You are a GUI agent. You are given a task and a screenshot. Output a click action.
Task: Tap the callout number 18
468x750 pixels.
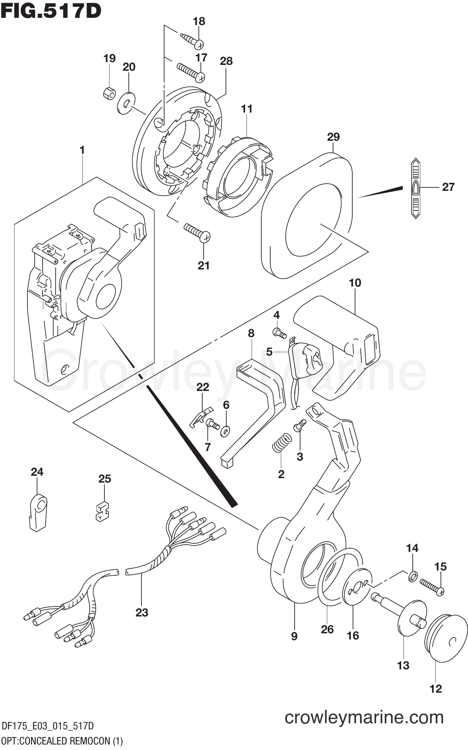(199, 21)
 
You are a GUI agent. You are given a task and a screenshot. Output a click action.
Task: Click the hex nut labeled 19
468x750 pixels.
(109, 93)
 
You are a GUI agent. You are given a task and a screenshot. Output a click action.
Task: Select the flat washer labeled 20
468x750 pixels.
(126, 103)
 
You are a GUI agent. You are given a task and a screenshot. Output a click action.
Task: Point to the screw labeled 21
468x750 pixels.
(197, 233)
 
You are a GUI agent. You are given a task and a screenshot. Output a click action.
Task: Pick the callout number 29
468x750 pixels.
(333, 137)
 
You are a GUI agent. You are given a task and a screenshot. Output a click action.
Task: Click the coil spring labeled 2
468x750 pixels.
(282, 442)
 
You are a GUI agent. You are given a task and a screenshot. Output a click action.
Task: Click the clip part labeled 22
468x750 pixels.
(201, 416)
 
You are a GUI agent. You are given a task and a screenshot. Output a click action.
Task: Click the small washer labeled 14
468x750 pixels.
(413, 577)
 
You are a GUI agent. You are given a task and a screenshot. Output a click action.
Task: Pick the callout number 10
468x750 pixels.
(355, 283)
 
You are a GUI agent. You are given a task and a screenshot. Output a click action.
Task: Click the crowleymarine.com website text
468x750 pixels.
(364, 718)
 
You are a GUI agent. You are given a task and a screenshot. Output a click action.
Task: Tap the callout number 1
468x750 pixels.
(82, 150)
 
